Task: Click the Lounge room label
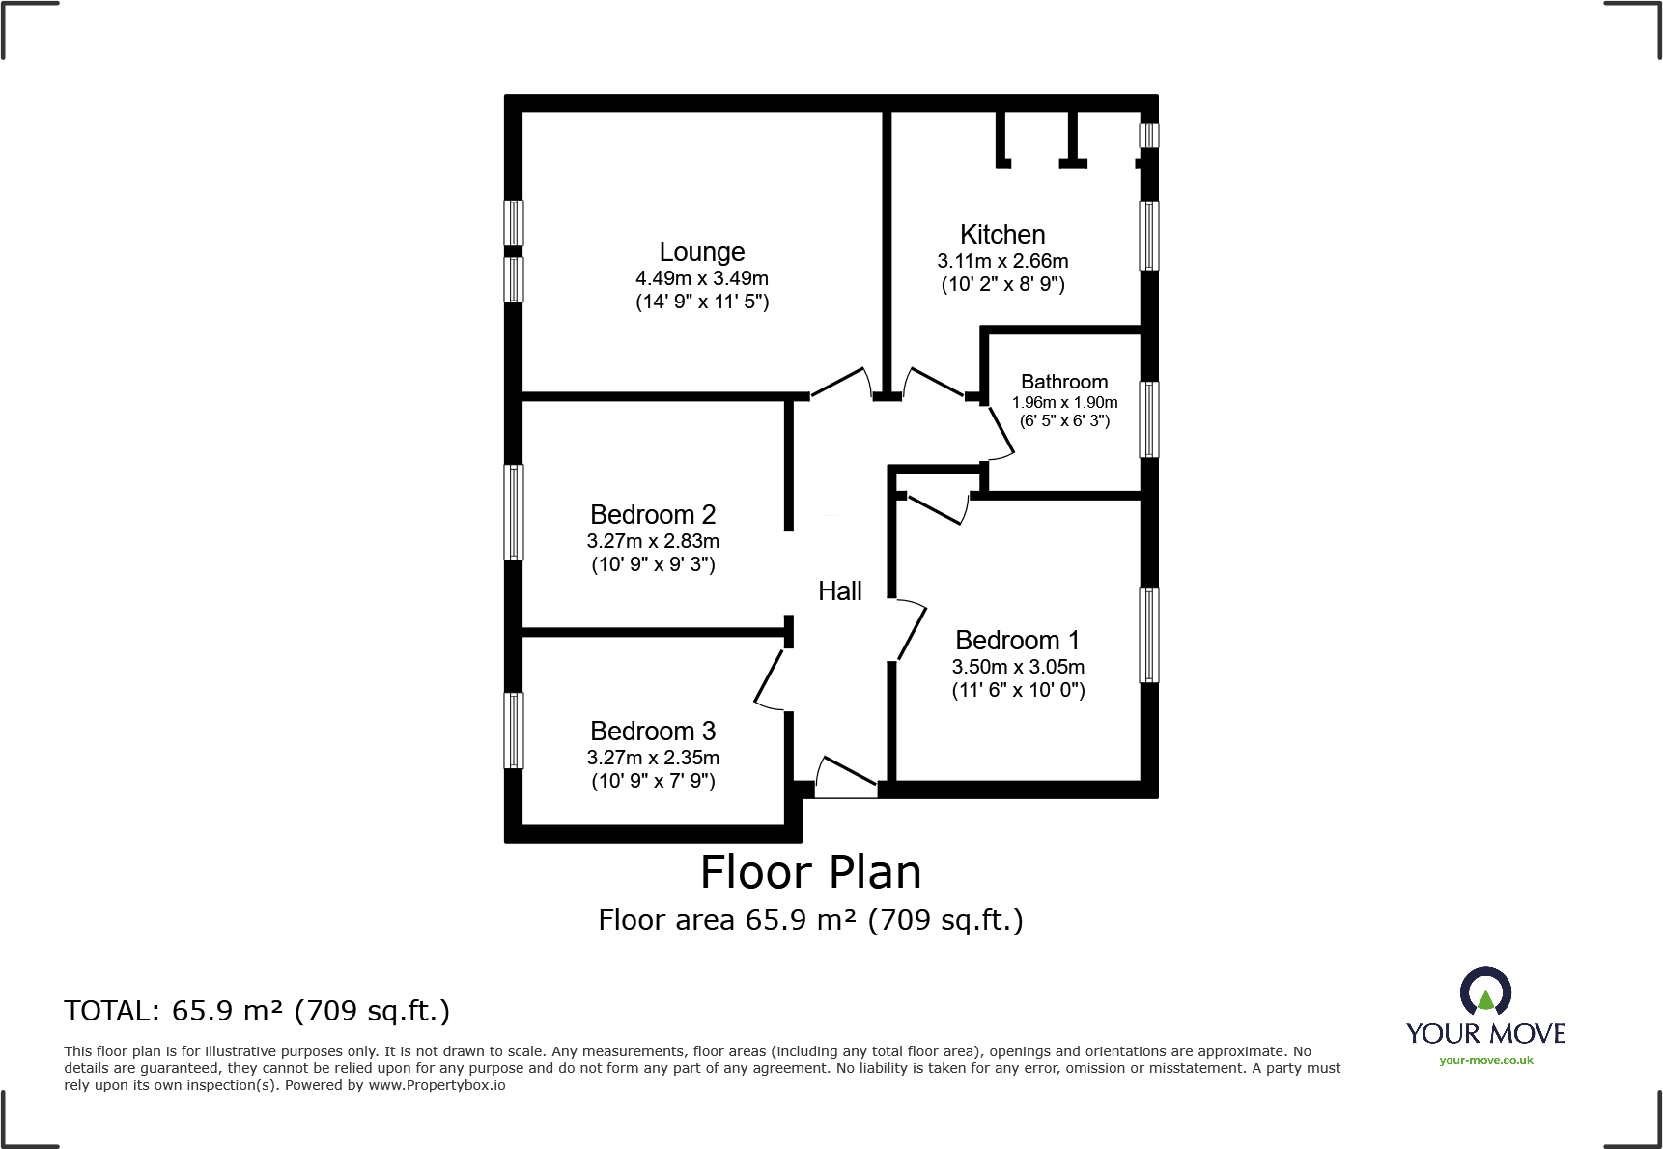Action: click(x=702, y=252)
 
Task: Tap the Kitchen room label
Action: click(x=1002, y=235)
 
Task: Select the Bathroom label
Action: click(x=1064, y=382)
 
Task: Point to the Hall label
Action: click(x=839, y=591)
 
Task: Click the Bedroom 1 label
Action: click(x=1017, y=641)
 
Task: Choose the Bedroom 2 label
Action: click(x=653, y=515)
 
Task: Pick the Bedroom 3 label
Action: click(x=653, y=732)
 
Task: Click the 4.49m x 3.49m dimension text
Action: click(x=702, y=278)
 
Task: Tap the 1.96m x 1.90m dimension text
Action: click(x=1064, y=402)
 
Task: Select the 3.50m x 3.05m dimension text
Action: click(x=1018, y=667)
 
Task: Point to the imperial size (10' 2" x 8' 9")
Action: click(x=1002, y=284)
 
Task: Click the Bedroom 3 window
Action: click(x=515, y=731)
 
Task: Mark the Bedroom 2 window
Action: click(x=515, y=512)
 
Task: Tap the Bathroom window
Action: click(x=1148, y=418)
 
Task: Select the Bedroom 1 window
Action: click(x=1148, y=635)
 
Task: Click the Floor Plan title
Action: click(x=810, y=873)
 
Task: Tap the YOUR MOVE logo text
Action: click(x=1485, y=1033)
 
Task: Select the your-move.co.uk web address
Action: click(x=1485, y=1060)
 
